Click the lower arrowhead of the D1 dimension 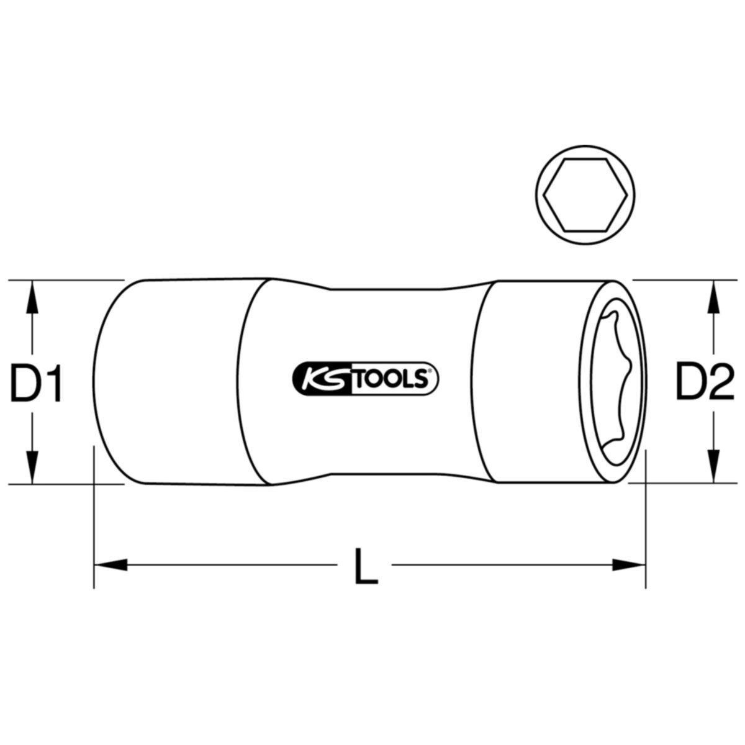tap(32, 466)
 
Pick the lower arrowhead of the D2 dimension tap(715, 466)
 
